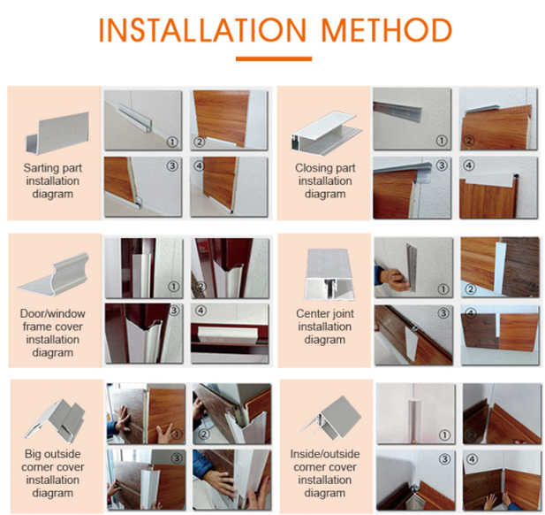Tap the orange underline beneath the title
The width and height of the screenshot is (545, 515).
coord(273,59)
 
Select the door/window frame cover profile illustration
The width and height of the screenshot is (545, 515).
coord(53,274)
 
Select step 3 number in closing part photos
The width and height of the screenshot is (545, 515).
coord(442,165)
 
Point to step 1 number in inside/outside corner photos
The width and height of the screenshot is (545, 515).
coord(443,434)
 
